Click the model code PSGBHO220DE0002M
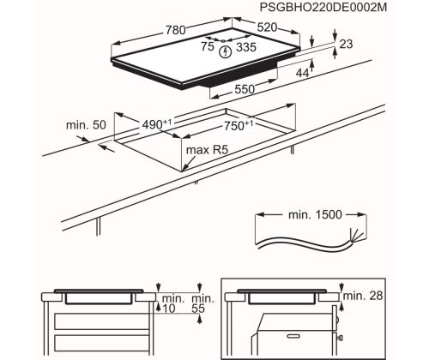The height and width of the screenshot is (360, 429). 323,8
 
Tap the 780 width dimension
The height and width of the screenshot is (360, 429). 176,30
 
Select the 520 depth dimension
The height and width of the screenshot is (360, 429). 267,27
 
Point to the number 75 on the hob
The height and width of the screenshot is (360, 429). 208,46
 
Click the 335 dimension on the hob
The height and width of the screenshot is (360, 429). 246,47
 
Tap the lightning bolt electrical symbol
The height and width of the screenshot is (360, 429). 225,52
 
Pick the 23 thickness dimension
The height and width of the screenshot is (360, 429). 346,44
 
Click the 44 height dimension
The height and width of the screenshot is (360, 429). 302,74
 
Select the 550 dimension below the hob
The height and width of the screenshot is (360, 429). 245,89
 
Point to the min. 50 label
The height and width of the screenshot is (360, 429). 86,125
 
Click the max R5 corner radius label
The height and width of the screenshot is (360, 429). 207,150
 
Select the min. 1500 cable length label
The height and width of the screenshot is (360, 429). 315,214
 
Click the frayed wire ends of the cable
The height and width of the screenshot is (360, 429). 356,235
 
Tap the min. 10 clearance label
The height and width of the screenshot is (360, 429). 173,303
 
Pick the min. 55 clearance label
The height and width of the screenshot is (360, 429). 202,303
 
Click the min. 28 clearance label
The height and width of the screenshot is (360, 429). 363,296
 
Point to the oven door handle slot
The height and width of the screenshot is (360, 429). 296,337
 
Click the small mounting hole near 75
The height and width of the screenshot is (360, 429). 223,41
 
